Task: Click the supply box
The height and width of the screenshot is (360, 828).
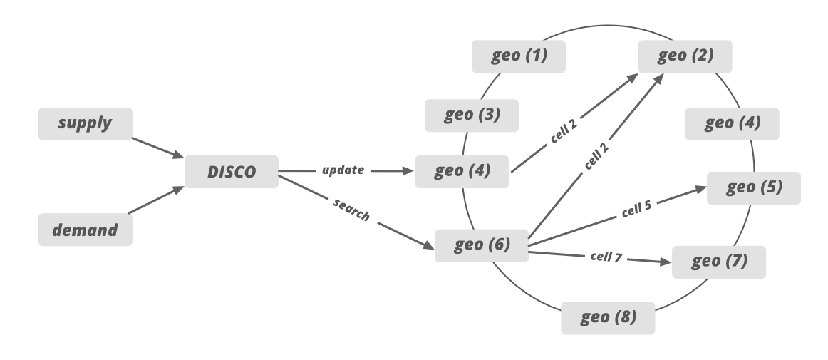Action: (x=85, y=123)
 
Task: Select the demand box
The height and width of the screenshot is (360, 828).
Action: (x=85, y=230)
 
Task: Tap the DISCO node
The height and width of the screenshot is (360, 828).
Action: (x=232, y=172)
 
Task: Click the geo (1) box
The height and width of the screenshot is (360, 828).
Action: (x=519, y=56)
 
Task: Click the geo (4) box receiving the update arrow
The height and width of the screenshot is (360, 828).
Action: (x=462, y=172)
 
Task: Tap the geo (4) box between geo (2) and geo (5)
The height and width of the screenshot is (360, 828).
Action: (x=732, y=124)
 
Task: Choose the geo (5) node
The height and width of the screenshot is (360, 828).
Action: (x=754, y=188)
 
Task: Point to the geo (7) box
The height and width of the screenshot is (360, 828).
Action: (x=719, y=262)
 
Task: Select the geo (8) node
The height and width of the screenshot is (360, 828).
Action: (x=608, y=317)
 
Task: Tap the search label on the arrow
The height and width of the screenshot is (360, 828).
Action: (x=351, y=210)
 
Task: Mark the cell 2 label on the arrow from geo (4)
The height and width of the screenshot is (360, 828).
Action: (x=564, y=131)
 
